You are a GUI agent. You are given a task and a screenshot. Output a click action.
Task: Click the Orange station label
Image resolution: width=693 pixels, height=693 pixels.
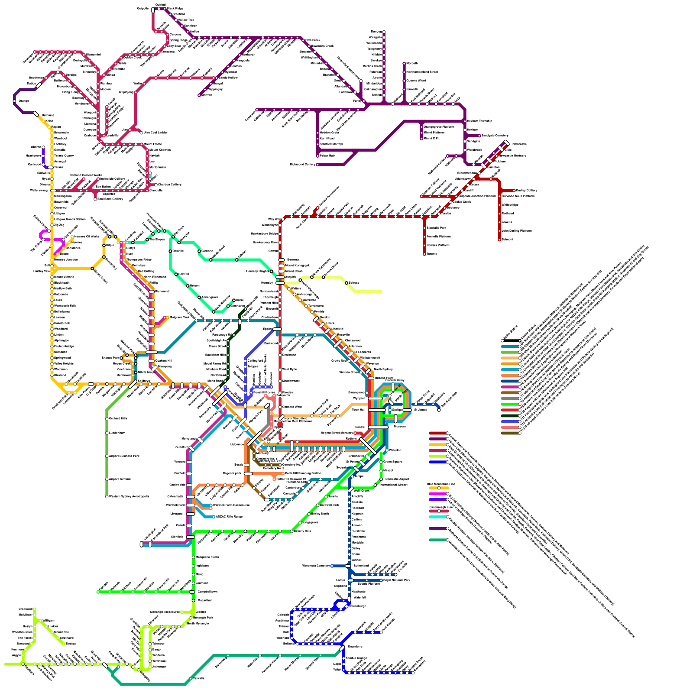[24, 101]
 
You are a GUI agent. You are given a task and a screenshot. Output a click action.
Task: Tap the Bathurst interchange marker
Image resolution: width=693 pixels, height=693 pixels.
[36, 114]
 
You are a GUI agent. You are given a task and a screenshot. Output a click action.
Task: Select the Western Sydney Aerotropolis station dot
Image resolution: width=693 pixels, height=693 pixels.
[107, 497]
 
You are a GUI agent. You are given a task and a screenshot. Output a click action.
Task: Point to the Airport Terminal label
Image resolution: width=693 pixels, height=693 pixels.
[120, 479]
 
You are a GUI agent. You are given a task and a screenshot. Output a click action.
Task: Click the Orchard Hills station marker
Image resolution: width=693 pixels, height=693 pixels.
[107, 418]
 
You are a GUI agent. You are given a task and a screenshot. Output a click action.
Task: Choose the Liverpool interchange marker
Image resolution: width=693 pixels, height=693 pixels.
[191, 514]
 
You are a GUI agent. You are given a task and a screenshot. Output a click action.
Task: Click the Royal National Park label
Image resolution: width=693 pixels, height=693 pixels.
[397, 580]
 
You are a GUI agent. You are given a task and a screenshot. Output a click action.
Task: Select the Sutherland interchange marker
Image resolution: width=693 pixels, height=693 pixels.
[348, 566]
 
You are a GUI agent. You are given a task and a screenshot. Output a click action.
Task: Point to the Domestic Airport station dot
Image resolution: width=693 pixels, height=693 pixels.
[381, 479]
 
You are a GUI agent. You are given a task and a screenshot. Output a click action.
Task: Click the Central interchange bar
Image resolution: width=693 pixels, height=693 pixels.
[378, 427]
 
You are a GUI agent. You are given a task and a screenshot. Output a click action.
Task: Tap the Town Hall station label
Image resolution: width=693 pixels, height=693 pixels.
[358, 410]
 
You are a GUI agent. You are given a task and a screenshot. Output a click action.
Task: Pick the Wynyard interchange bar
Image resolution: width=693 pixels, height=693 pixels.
[375, 398]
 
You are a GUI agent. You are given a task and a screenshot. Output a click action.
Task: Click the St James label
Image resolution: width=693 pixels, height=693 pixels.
[421, 410]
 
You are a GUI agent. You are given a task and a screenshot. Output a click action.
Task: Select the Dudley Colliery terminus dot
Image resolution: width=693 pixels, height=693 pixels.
[515, 190]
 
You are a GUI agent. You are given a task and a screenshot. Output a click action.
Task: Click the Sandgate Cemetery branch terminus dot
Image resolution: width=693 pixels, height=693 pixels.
[479, 136]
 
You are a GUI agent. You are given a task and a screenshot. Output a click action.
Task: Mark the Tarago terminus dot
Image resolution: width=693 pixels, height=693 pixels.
[64, 644]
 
